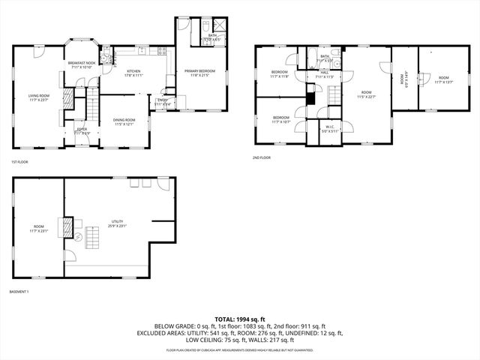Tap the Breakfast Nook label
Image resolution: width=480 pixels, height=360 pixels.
coord(81,65)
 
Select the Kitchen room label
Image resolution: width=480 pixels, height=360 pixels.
coord(133,73)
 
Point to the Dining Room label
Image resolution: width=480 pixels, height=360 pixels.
coord(124,121)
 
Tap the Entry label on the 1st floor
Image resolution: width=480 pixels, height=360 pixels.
coord(163,102)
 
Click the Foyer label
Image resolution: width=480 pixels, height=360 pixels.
coord(82,130)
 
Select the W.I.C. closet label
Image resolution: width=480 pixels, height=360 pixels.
coord(329,130)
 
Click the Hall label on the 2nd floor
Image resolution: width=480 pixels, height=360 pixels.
coord(323,75)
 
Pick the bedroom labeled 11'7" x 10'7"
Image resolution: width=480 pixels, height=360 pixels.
coord(281,119)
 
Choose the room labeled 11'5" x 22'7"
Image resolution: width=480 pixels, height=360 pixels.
coord(367,94)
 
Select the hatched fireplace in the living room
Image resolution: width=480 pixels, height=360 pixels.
coord(67,97)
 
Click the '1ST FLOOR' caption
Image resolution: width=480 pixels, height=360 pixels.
coord(20,162)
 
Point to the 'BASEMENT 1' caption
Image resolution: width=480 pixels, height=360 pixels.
coord(19,291)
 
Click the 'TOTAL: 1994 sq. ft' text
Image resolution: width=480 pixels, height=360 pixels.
coord(239,319)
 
